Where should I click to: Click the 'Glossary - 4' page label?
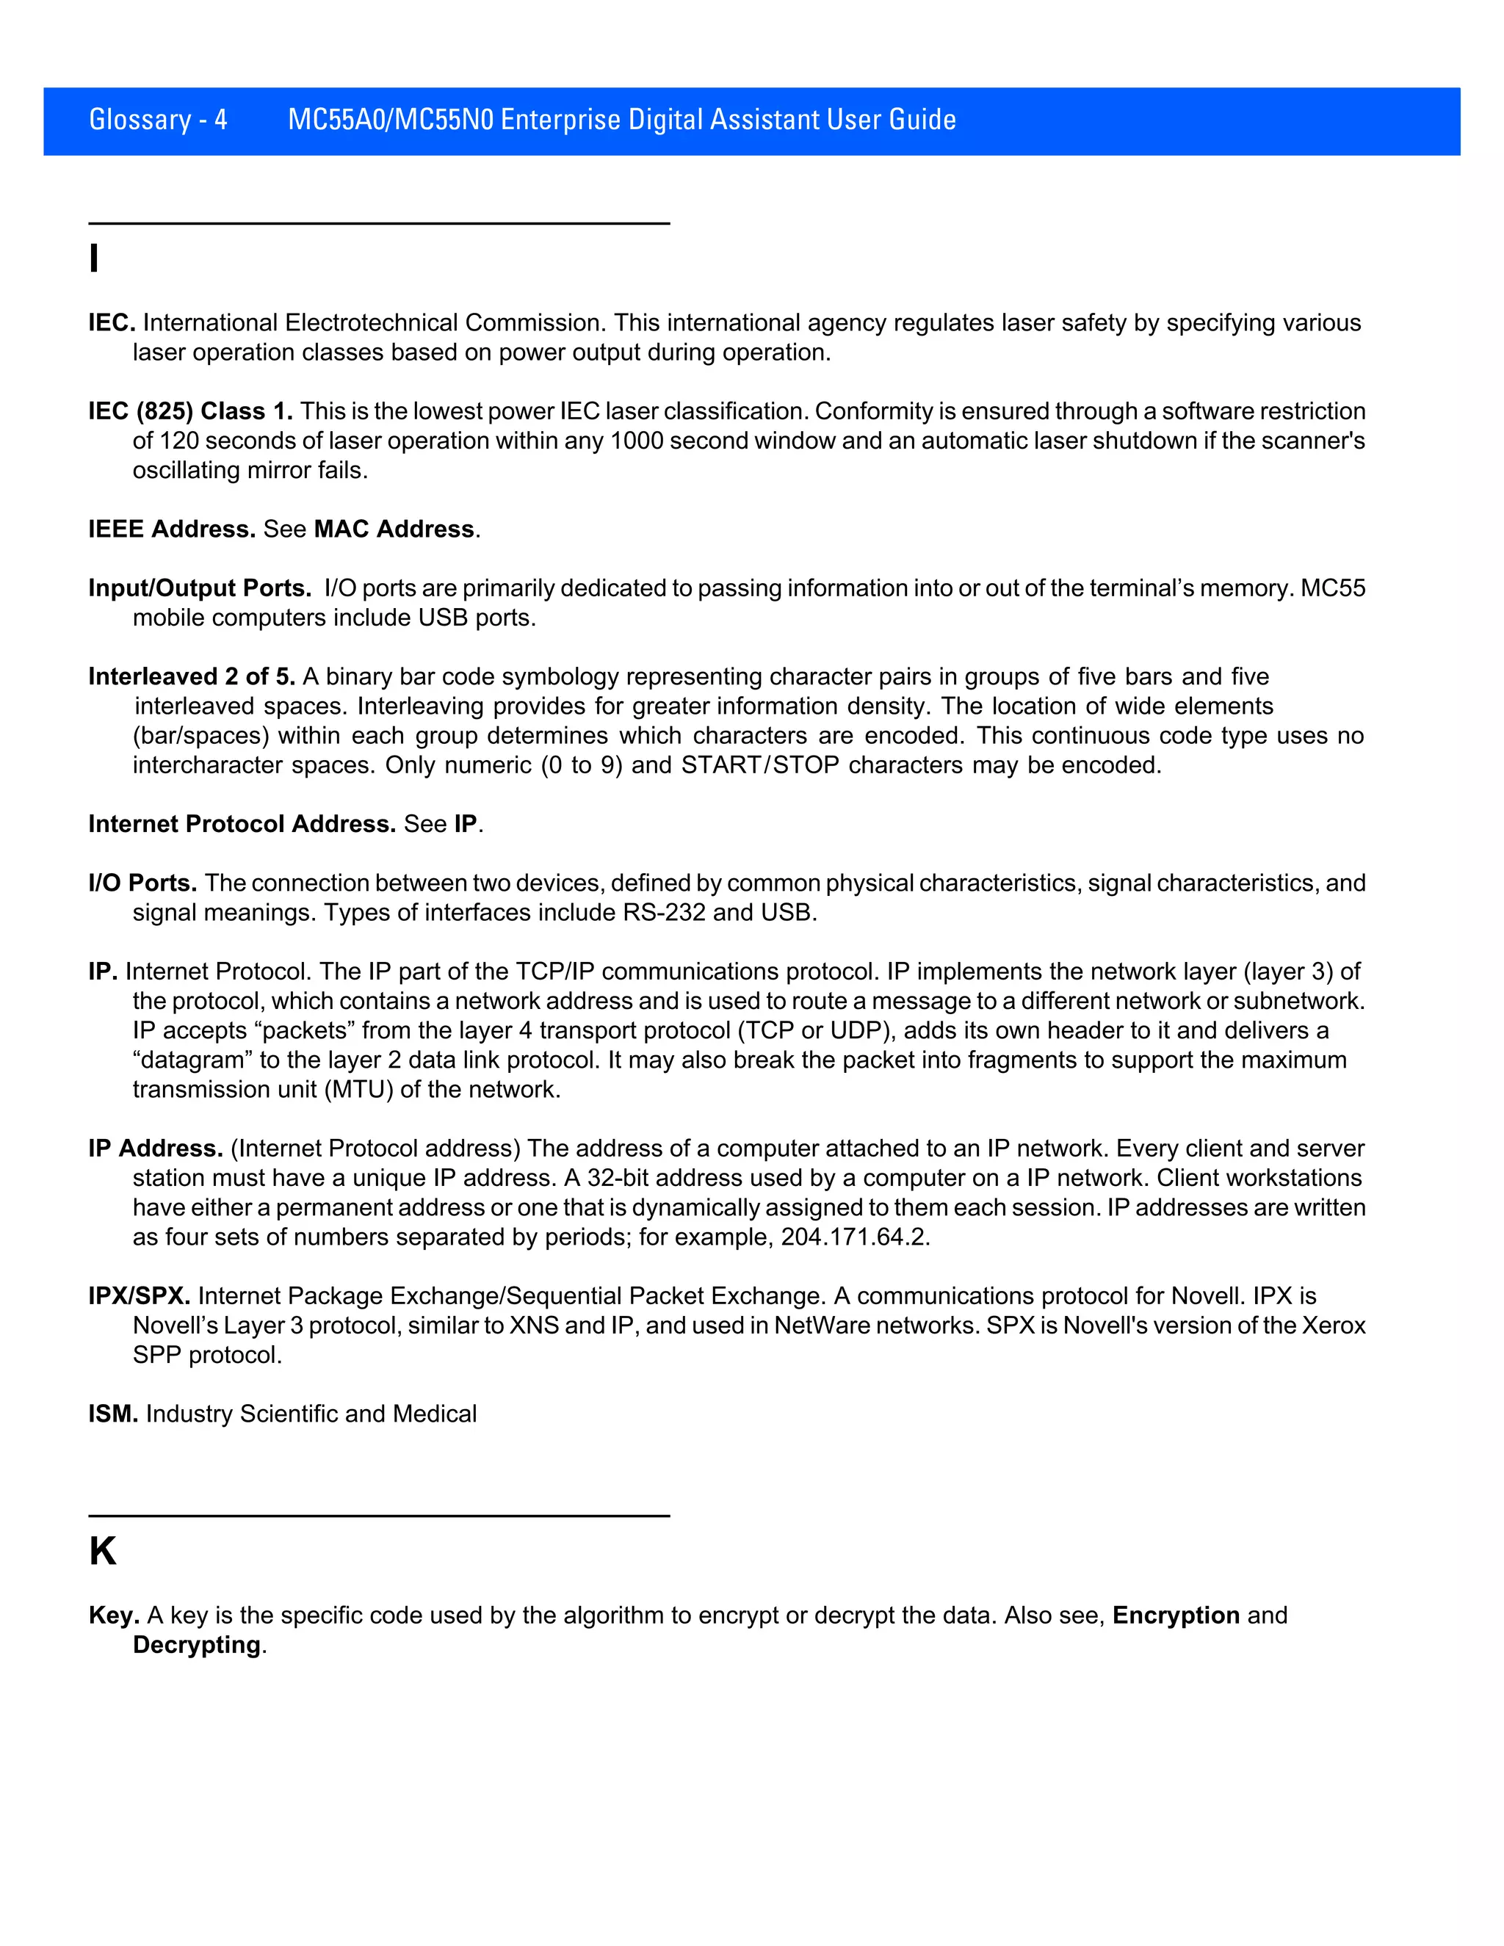[x=158, y=120]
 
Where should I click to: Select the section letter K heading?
[x=103, y=1551]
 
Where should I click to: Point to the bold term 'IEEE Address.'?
[x=172, y=529]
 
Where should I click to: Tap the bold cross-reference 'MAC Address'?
[x=394, y=529]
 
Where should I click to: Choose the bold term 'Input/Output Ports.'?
[x=200, y=588]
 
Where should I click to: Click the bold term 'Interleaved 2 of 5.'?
[x=192, y=676]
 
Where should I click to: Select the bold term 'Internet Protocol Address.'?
[x=242, y=824]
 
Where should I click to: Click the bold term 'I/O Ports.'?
[x=142, y=883]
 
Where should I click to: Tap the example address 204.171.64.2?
[x=855, y=1237]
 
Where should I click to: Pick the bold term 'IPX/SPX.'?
[x=139, y=1295]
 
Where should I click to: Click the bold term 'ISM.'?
[x=113, y=1414]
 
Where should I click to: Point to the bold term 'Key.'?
[x=114, y=1616]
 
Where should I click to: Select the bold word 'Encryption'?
[x=1175, y=1616]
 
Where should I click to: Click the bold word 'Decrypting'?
[x=197, y=1645]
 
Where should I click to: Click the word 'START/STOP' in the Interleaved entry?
[x=760, y=765]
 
